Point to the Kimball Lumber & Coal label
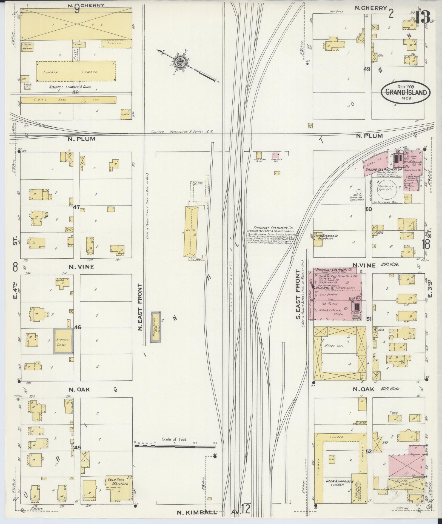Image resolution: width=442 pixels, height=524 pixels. [70, 87]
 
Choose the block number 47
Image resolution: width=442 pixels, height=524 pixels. [76, 207]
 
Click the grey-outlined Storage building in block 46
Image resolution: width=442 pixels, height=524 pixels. [63, 341]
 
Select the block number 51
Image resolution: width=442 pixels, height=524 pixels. [369, 319]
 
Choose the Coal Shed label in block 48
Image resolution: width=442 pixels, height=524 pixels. [52, 100]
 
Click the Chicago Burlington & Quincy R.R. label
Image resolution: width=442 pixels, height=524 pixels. [182, 132]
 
